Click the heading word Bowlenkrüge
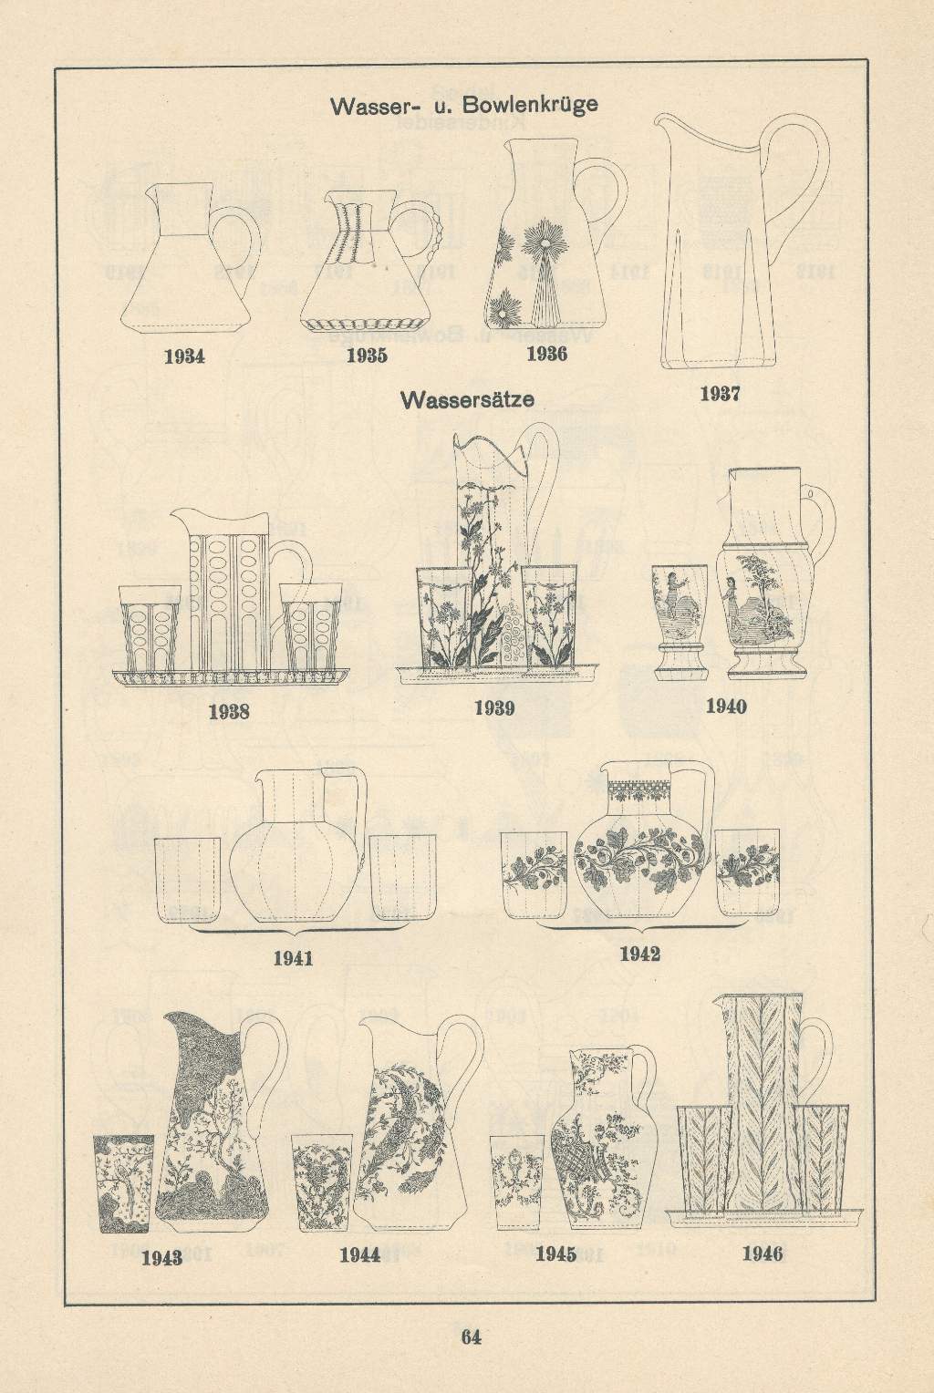(x=530, y=105)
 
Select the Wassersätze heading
(x=467, y=398)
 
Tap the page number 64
(x=471, y=1336)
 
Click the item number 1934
(x=184, y=356)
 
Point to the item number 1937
(x=720, y=394)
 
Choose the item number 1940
(x=726, y=706)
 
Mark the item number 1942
(x=639, y=954)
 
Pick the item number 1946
(x=763, y=1254)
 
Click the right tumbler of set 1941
(x=402, y=878)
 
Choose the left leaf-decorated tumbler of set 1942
(x=534, y=875)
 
